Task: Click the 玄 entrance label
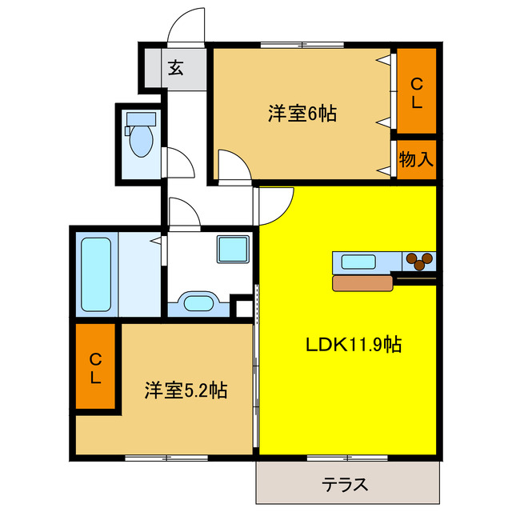click(175, 68)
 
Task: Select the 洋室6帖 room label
click(302, 114)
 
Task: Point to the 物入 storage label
click(416, 159)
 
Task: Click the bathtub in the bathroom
click(95, 275)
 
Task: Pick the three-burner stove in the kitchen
click(419, 260)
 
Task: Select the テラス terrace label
click(346, 484)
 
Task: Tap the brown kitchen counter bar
click(363, 282)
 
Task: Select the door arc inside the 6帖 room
click(233, 165)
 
